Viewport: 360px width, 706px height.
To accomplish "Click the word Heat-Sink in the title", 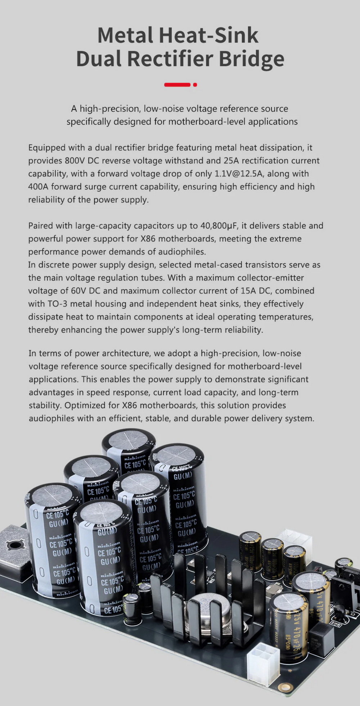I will (x=209, y=35).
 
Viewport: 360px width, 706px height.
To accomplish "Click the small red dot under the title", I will (x=195, y=85).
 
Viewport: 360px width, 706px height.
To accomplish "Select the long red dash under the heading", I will (x=177, y=85).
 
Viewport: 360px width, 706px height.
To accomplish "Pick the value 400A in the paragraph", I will (x=39, y=187).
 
